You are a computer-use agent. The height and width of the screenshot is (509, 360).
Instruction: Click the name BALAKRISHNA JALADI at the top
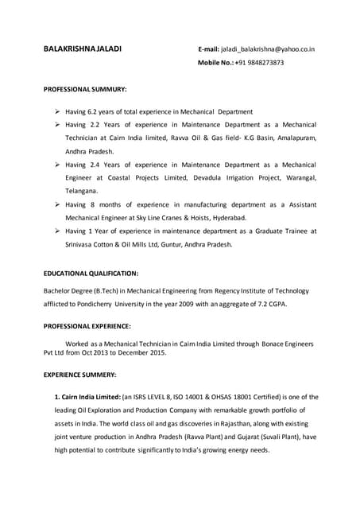(83, 49)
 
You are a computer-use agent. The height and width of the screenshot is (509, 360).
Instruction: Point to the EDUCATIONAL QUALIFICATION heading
(91, 273)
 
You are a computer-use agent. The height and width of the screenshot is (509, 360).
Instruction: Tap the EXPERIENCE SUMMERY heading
(80, 374)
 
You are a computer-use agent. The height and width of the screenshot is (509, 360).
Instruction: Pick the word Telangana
(81, 192)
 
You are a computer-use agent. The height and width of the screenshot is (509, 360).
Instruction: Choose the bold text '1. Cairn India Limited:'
(87, 396)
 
